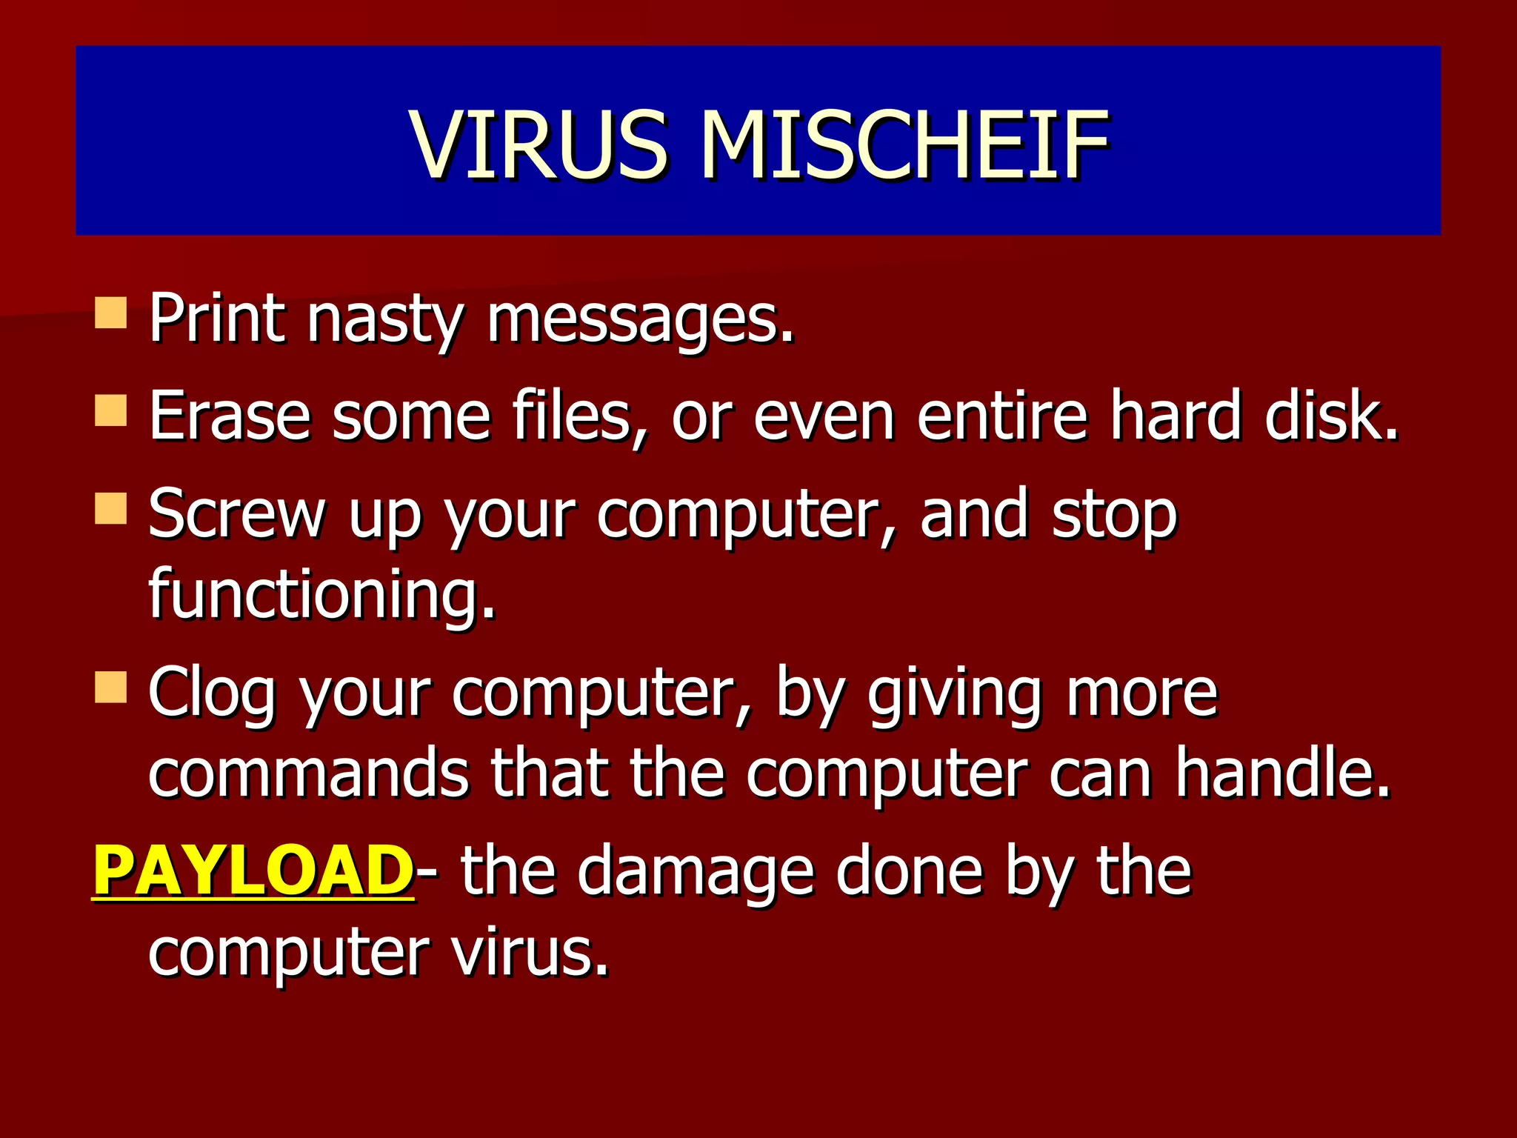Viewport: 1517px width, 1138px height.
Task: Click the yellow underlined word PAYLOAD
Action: (253, 871)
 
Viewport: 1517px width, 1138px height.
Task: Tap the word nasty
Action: (385, 320)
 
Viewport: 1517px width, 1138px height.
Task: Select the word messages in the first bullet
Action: (640, 320)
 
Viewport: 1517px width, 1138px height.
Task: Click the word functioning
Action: (321, 594)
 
